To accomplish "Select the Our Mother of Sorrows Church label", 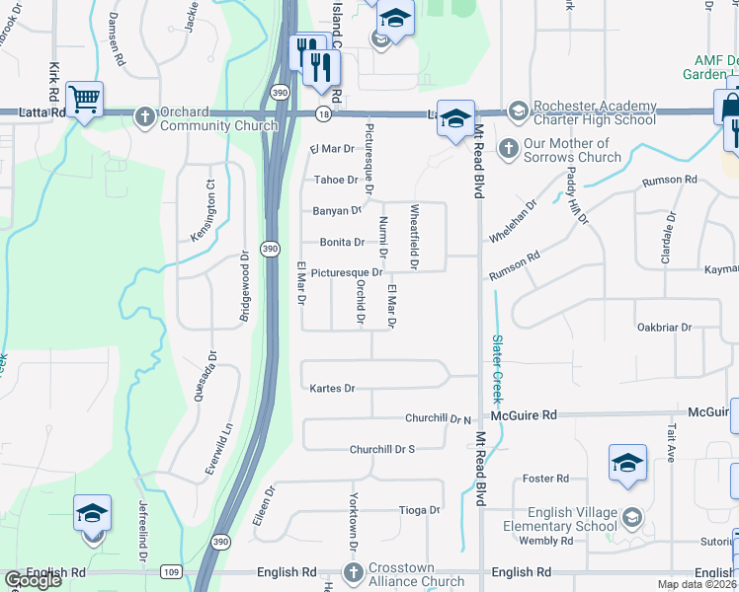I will [572, 150].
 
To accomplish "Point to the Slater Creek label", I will [497, 367].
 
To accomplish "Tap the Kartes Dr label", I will [332, 389].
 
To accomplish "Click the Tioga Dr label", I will [419, 510].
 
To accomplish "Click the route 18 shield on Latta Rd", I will [322, 114].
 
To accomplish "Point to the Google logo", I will [33, 579].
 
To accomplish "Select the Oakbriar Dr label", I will [662, 328].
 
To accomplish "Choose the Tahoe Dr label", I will [336, 180].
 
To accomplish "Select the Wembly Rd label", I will [546, 541].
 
